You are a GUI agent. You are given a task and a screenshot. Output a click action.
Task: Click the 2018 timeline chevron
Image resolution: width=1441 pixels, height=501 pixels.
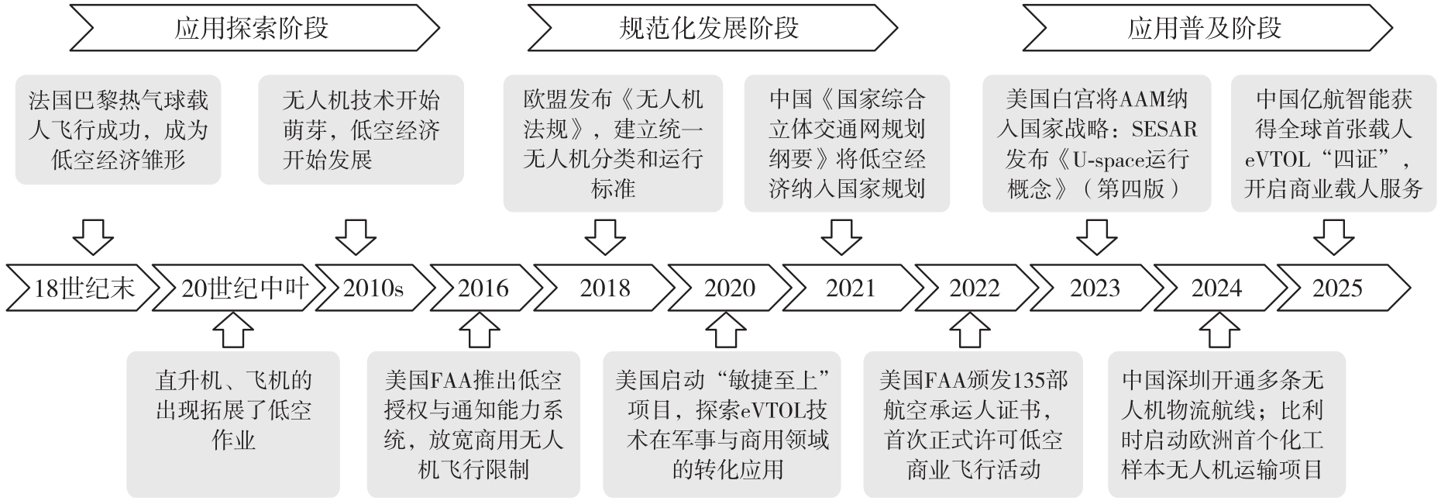(x=604, y=289)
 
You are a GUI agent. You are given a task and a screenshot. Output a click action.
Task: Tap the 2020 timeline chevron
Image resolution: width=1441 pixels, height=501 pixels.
(x=729, y=289)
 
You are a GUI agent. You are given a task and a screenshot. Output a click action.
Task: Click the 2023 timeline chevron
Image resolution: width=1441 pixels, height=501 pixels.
(x=1095, y=289)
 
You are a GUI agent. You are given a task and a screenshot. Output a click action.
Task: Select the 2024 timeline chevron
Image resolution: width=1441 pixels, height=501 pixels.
(x=1216, y=289)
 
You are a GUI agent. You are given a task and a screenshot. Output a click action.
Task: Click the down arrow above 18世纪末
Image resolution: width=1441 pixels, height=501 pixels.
(x=93, y=237)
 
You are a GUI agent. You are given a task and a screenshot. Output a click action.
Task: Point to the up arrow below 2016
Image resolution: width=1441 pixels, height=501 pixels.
(x=480, y=330)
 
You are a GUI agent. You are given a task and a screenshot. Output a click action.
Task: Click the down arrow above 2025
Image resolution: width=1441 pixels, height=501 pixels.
(x=1333, y=237)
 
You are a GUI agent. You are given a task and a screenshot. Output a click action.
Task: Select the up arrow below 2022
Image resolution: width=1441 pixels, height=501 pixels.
(x=970, y=330)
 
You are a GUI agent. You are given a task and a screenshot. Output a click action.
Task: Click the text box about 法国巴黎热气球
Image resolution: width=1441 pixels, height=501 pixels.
(x=118, y=130)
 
